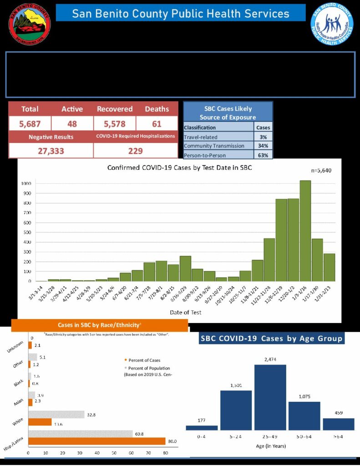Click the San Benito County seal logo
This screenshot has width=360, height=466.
[x=30, y=24]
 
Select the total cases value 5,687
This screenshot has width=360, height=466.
[x=30, y=123]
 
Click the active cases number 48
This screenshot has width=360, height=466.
[x=72, y=123]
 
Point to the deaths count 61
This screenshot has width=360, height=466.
[x=157, y=123]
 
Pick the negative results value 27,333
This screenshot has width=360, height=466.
[x=51, y=151]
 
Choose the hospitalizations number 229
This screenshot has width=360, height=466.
[x=135, y=151]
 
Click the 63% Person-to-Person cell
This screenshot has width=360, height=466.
[x=262, y=155]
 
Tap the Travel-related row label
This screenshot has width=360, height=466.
[x=201, y=137]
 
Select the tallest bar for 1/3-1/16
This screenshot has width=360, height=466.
[x=305, y=231]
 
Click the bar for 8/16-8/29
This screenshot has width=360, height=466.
[x=185, y=268]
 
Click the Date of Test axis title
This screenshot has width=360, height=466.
[x=185, y=312]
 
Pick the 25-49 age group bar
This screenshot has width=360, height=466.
[x=270, y=397]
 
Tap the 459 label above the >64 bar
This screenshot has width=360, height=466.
[x=339, y=413]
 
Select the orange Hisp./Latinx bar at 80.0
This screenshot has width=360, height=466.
[x=96, y=441]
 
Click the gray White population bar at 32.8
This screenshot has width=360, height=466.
[x=56, y=415]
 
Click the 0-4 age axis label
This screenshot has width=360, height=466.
[x=201, y=436]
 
